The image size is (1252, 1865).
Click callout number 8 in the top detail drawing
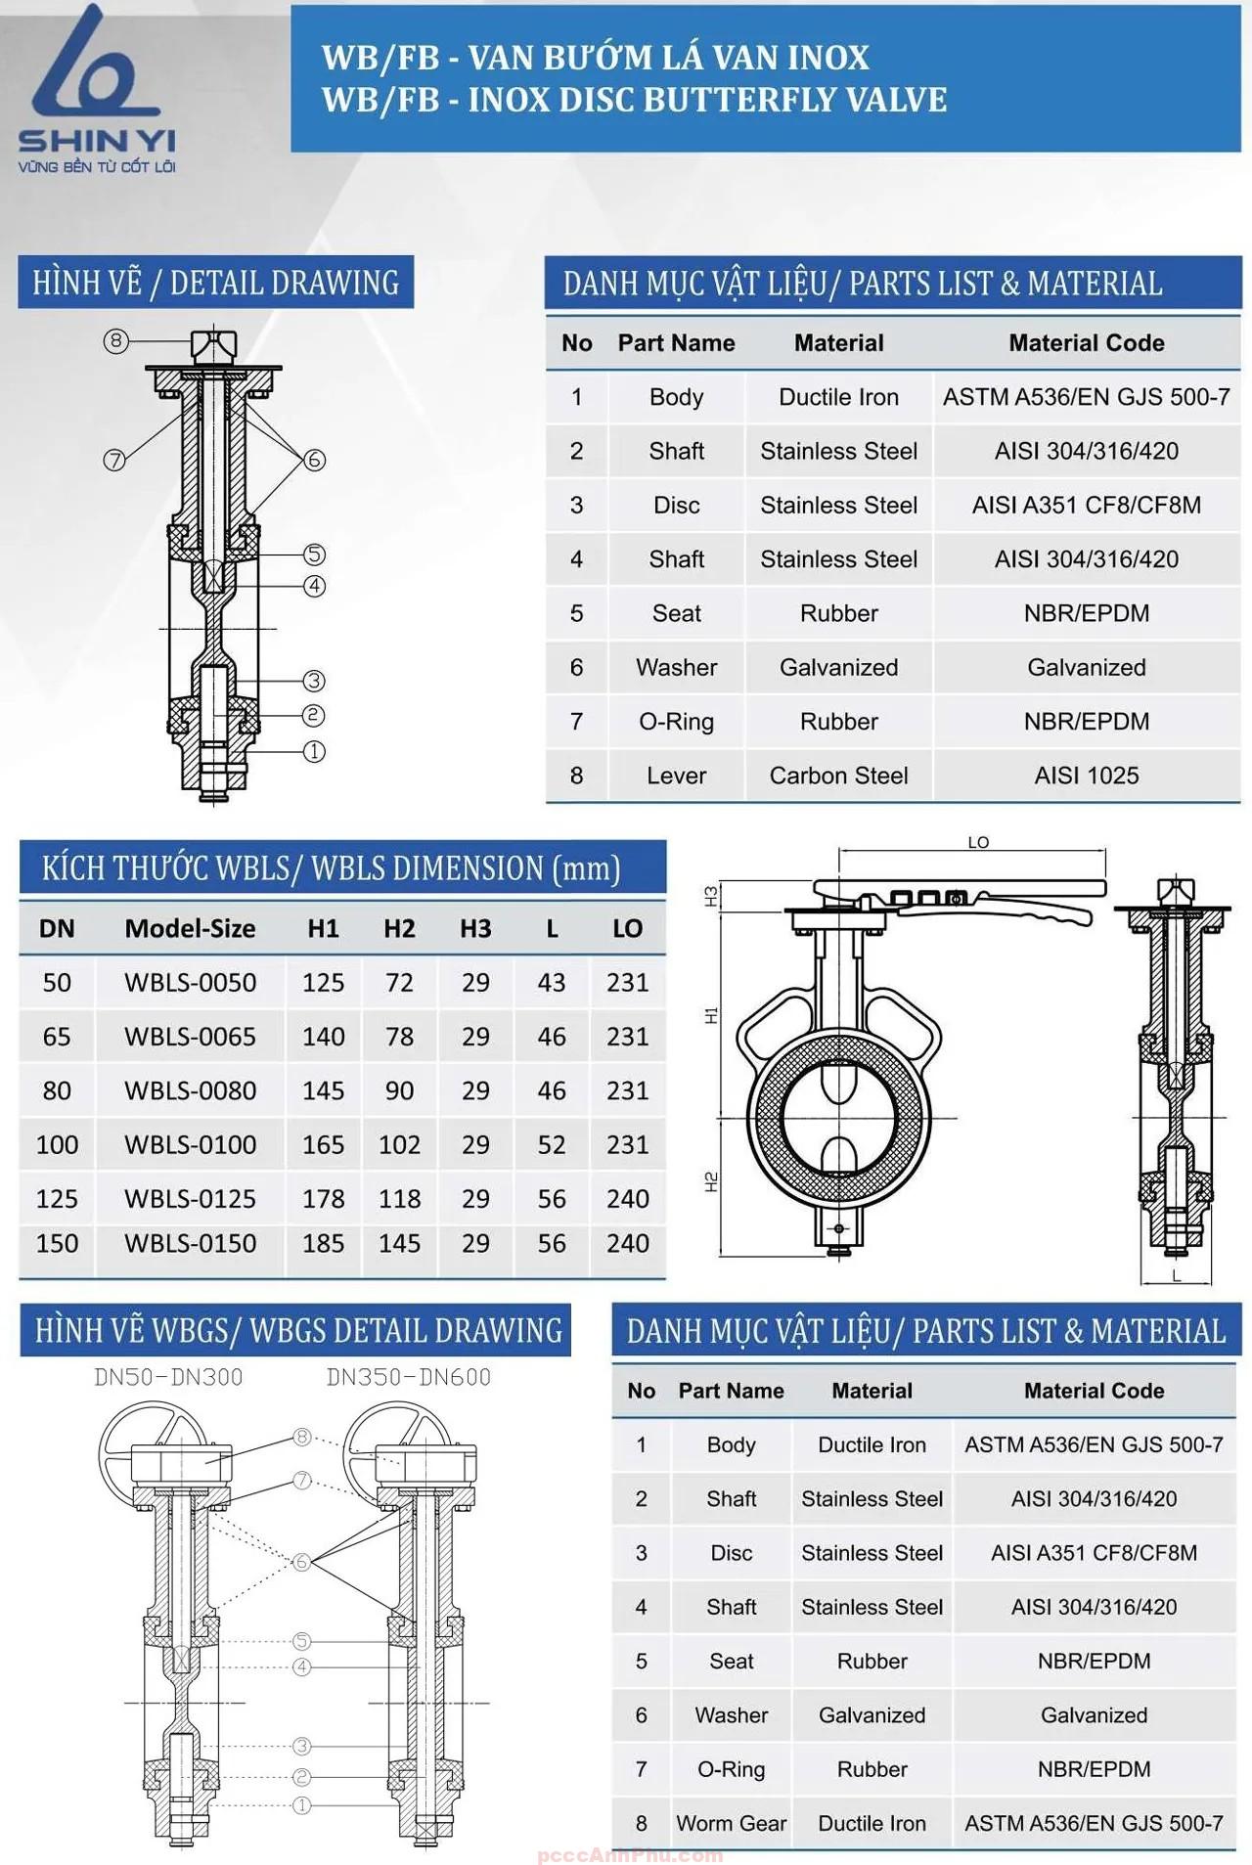(x=116, y=340)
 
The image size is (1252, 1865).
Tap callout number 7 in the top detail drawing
(x=114, y=460)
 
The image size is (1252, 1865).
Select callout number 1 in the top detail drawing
(x=314, y=751)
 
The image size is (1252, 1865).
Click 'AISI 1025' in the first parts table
(x=1086, y=776)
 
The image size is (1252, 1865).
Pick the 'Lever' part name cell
(x=676, y=776)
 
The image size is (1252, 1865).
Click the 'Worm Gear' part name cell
(x=731, y=1823)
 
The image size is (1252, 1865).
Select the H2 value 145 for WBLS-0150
(x=399, y=1243)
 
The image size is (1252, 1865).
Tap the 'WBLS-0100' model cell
(x=190, y=1144)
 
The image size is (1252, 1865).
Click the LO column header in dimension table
(x=627, y=928)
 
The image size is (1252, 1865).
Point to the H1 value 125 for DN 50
(x=323, y=982)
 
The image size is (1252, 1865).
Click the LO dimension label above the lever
(x=978, y=842)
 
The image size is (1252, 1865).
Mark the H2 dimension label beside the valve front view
(x=711, y=1181)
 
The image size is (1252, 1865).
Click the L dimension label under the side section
(x=1177, y=1275)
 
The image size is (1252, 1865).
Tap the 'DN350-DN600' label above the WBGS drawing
(x=408, y=1377)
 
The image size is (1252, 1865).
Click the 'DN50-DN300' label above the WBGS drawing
(x=168, y=1377)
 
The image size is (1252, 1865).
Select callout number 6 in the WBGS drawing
(x=301, y=1562)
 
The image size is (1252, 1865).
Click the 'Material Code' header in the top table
(x=1086, y=343)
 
